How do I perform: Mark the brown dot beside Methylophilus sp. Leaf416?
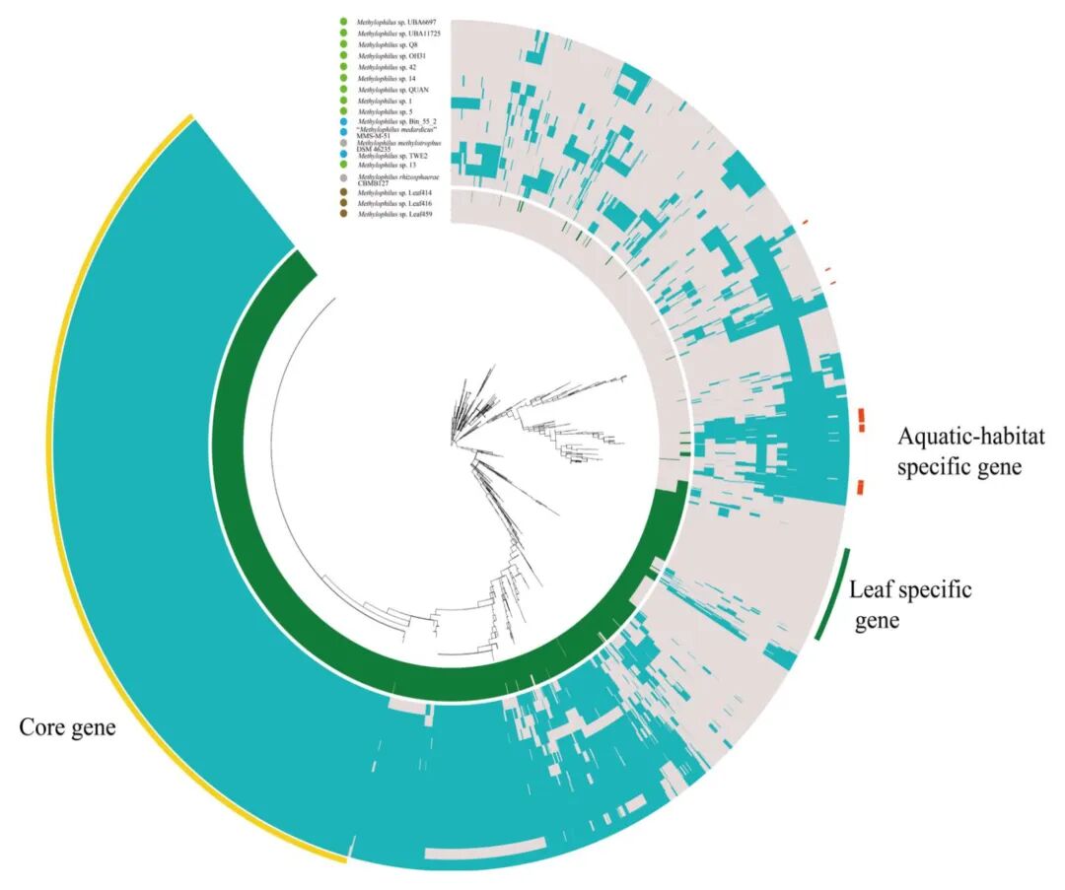pyautogui.click(x=343, y=203)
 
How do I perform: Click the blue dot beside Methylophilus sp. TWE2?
pyautogui.click(x=343, y=156)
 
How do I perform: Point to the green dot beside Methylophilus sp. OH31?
pyautogui.click(x=343, y=55)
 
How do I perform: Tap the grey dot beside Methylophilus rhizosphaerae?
pyautogui.click(x=343, y=178)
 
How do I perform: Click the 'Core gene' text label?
pyautogui.click(x=68, y=728)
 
